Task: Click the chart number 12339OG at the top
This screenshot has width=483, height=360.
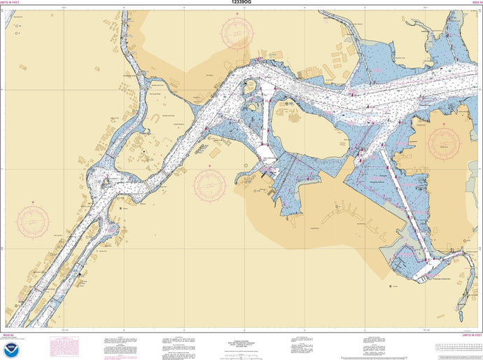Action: click(x=241, y=4)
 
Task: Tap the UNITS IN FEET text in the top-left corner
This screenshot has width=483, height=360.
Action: click(x=16, y=4)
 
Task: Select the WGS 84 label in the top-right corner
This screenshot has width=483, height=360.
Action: click(x=473, y=4)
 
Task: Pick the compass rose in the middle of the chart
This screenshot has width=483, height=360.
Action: click(x=210, y=183)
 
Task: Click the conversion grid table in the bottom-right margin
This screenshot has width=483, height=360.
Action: click(x=456, y=347)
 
